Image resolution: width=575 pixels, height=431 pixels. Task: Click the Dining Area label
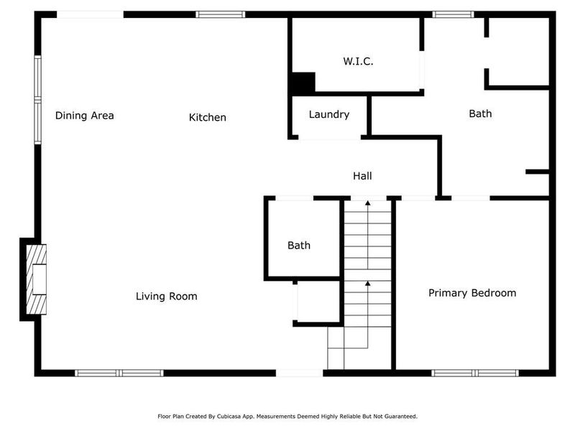[84, 116]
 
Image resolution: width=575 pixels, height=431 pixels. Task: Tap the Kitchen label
[208, 117]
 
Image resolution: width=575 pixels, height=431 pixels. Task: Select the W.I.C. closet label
[357, 62]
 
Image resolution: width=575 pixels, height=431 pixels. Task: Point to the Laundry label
[329, 114]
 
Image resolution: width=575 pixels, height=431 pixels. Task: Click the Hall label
[362, 175]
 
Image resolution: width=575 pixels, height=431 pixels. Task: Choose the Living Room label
[167, 296]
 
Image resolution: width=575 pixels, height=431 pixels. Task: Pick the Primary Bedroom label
[472, 293]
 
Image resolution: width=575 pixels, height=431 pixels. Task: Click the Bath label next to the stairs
[299, 245]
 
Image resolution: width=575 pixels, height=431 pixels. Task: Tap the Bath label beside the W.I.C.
[480, 113]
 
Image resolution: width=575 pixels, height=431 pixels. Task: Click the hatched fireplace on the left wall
[36, 279]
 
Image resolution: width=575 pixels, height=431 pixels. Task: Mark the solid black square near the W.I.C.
[303, 83]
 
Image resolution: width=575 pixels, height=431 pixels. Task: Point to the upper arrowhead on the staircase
[368, 204]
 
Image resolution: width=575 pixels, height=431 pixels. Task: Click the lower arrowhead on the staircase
[368, 284]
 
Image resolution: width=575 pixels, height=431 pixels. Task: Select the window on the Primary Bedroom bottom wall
[475, 373]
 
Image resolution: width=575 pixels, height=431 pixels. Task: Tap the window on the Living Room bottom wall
[120, 373]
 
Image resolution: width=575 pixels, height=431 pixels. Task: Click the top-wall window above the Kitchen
[221, 14]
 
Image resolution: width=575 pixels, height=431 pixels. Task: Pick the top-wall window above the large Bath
[454, 14]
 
